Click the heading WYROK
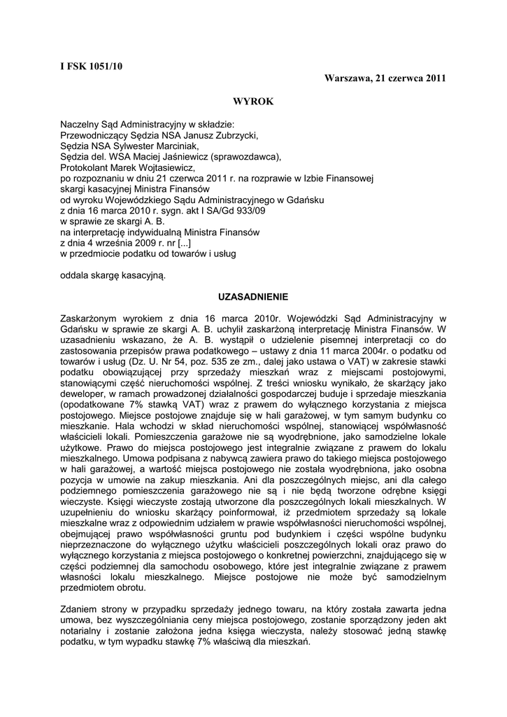(253, 102)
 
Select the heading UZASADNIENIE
(253, 296)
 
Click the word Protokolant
(85, 168)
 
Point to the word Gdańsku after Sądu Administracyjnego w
(302, 200)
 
